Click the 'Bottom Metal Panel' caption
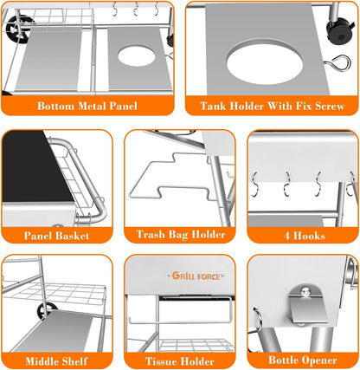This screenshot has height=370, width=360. (87, 106)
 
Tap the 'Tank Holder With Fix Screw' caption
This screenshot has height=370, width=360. (273, 106)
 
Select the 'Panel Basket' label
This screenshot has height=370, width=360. (56, 236)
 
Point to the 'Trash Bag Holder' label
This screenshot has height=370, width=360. (181, 234)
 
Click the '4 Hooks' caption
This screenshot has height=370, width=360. (305, 236)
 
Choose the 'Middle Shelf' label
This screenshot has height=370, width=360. (56, 361)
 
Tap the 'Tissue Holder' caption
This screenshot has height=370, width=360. (180, 361)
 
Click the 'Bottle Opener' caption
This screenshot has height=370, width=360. (303, 360)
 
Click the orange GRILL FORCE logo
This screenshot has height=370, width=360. (196, 276)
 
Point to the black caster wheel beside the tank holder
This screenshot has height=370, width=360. (340, 30)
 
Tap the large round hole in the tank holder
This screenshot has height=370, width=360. (265, 63)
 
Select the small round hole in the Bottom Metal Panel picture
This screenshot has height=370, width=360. (136, 55)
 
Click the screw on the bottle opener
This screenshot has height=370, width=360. (305, 292)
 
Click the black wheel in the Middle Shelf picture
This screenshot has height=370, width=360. (47, 310)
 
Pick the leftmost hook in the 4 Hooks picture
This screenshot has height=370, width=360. (254, 185)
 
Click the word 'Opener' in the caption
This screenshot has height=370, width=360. (319, 360)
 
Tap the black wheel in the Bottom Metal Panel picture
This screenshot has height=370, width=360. (19, 29)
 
